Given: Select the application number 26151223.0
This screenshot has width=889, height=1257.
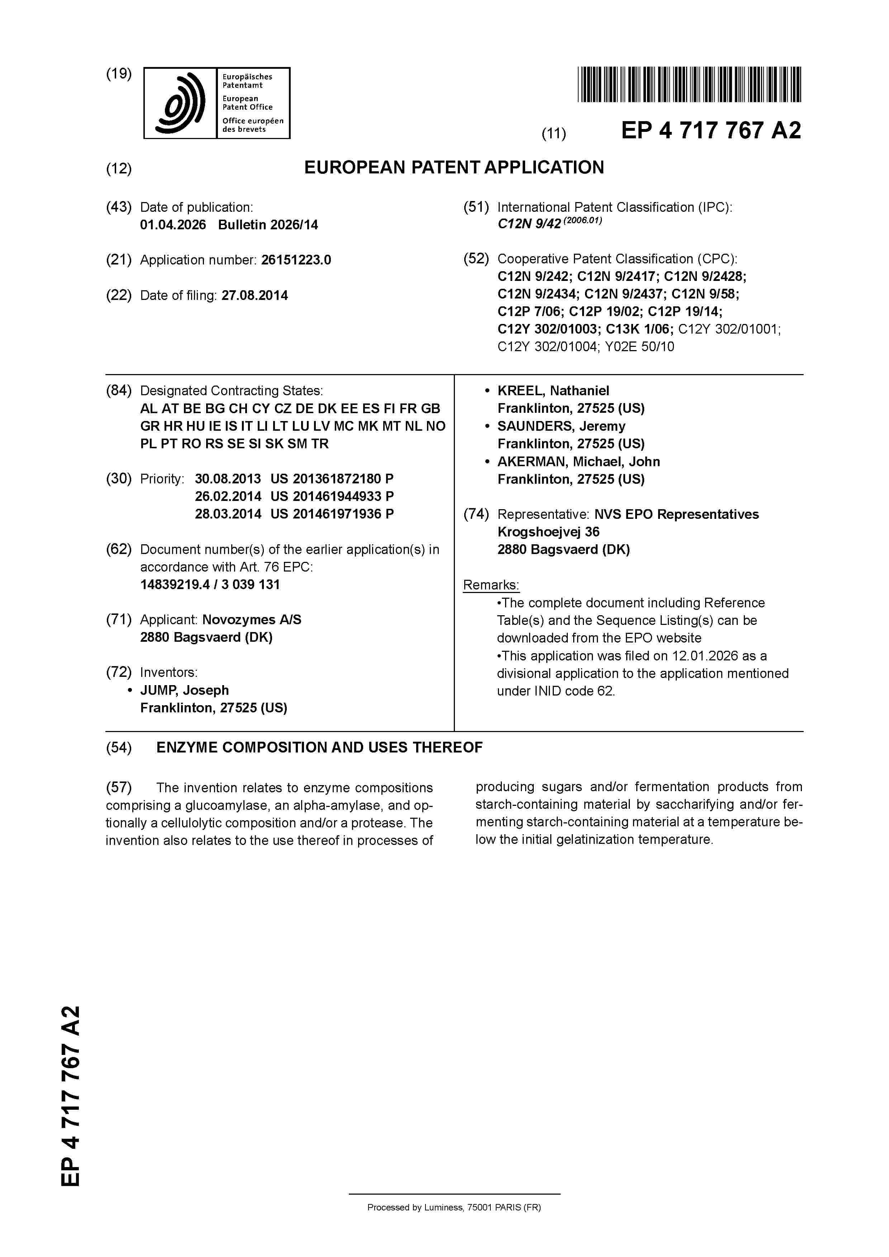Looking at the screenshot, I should pos(296,260).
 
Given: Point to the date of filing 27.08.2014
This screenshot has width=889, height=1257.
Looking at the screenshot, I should pos(255,296).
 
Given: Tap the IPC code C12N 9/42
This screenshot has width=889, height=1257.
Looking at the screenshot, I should pos(529,224).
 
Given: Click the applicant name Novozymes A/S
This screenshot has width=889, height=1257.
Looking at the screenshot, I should pos(251,620).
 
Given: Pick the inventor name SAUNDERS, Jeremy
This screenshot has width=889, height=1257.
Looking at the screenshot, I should pos(561,426).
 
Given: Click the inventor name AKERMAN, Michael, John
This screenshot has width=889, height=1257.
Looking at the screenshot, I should pos(579,462).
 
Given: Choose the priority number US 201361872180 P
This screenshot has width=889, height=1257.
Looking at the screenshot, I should pos(332,479).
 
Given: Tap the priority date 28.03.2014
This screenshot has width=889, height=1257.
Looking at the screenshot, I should pos(228,514).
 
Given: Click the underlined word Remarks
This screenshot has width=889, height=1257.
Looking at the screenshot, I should pos(491,585).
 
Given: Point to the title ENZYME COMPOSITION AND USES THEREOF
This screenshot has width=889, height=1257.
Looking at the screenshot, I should pos(319,748).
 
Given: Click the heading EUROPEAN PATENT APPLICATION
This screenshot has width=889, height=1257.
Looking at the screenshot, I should pos(454,168).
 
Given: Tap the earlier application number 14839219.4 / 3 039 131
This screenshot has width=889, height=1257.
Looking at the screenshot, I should pos(210,585).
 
